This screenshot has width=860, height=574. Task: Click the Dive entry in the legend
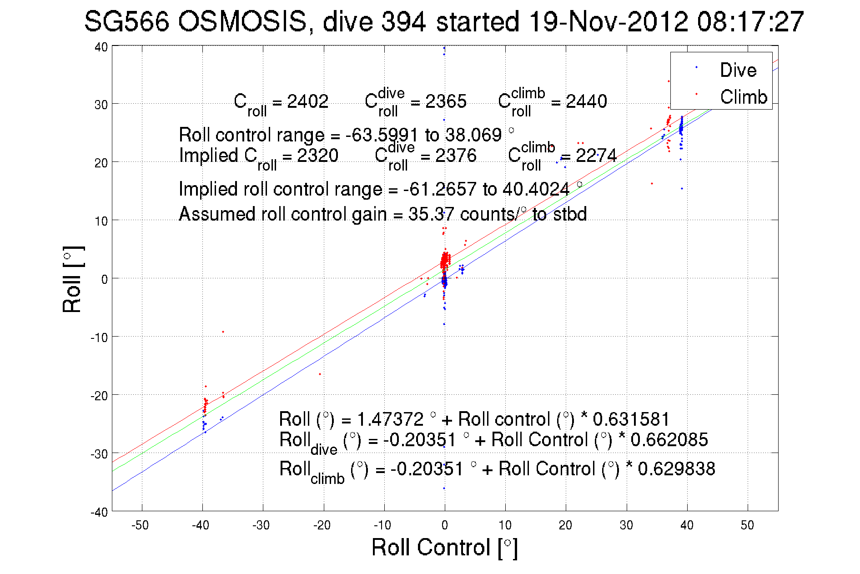737,70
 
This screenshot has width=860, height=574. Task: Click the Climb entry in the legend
743,97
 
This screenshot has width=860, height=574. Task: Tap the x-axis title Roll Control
444,547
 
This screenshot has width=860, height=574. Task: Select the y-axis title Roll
73,280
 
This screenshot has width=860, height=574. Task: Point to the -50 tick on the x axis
140,525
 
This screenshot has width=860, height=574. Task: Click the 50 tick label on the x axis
747,525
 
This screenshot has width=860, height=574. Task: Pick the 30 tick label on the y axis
101,105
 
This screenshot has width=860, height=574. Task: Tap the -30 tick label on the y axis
99,454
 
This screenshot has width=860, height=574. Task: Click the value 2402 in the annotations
307,101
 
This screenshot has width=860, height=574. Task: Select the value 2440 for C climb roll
586,101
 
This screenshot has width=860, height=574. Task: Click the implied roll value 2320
317,156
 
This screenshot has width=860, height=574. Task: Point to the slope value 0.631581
631,419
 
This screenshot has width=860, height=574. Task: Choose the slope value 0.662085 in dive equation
669,440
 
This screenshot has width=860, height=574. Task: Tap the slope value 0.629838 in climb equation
676,469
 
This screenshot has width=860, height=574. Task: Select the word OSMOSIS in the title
242,21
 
